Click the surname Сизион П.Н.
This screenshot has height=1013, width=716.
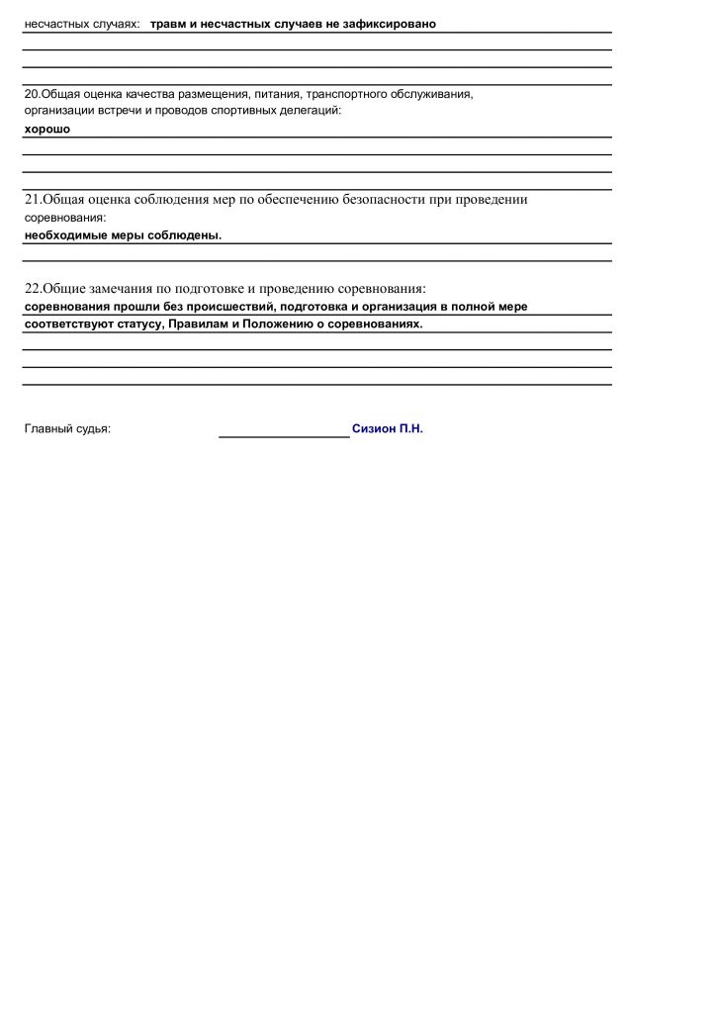[x=387, y=430]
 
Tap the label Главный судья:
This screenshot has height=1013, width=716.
[x=67, y=430]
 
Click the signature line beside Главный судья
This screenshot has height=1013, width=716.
[x=284, y=432]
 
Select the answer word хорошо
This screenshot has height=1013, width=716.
[x=47, y=129]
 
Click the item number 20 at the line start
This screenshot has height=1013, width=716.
[x=31, y=94]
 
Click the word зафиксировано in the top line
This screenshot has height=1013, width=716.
[x=390, y=23]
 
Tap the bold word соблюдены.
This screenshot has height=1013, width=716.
[x=189, y=235]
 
